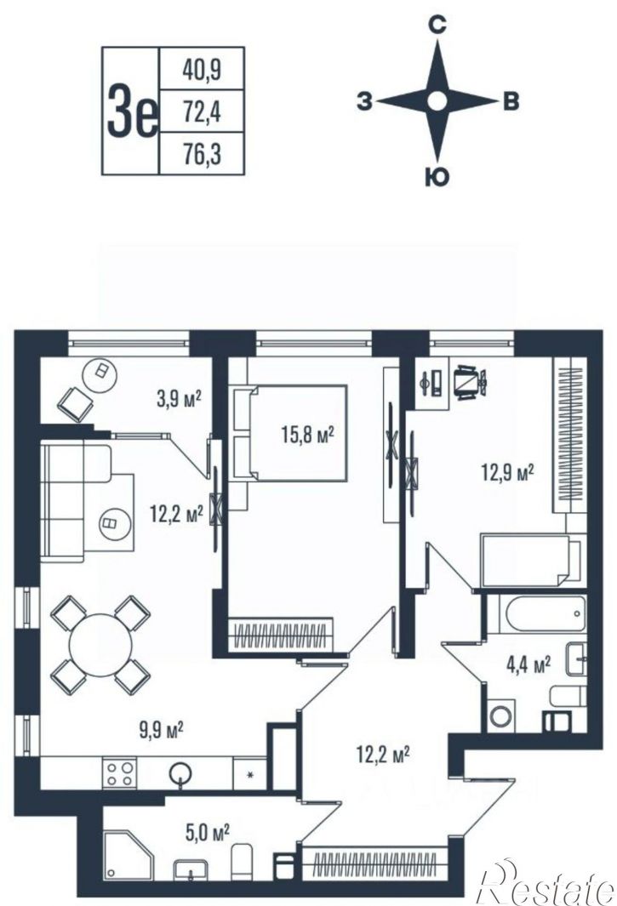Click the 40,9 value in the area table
click(202, 69)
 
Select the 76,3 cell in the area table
click(202, 154)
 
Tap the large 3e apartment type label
click(132, 111)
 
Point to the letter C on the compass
click(437, 25)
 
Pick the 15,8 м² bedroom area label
click(308, 435)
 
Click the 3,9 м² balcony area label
click(179, 399)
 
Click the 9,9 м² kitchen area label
click(162, 729)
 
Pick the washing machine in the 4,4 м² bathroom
click(501, 715)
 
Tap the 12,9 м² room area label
click(507, 474)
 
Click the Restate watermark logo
click(547, 885)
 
